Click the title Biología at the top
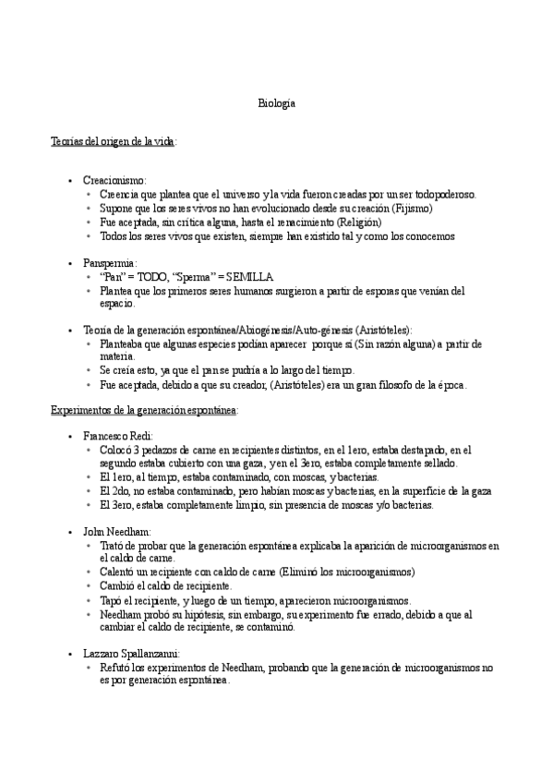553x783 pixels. pyautogui.click(x=277, y=104)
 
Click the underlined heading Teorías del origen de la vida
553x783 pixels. pyautogui.click(x=114, y=140)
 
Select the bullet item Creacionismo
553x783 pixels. pyautogui.click(x=114, y=181)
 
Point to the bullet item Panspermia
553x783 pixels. pyautogui.click(x=110, y=263)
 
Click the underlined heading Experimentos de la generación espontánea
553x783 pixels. pyautogui.click(x=144, y=409)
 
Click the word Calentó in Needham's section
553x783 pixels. pyautogui.click(x=118, y=572)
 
